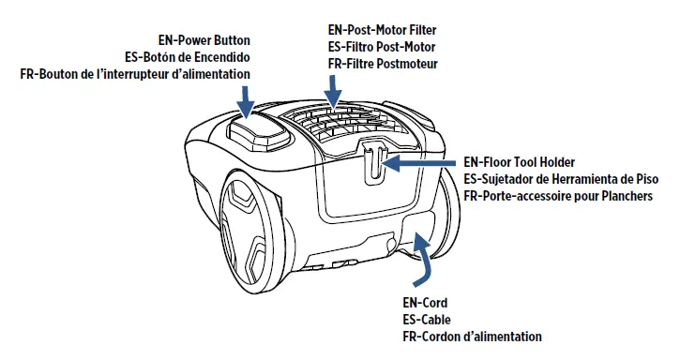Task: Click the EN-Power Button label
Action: point(204,40)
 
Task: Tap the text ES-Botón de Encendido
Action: point(188,57)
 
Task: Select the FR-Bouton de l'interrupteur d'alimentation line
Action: point(135,74)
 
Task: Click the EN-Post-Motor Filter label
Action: point(383,30)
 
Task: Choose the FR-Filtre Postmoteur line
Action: point(383,64)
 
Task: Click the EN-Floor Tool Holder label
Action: point(519,162)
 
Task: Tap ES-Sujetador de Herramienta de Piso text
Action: point(561,179)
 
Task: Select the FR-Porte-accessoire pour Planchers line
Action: point(558,196)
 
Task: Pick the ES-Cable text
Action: point(427,320)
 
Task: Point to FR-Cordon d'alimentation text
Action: point(473,337)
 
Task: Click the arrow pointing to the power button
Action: point(247,101)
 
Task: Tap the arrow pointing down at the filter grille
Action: point(333,92)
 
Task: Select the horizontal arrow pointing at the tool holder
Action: point(418,163)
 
